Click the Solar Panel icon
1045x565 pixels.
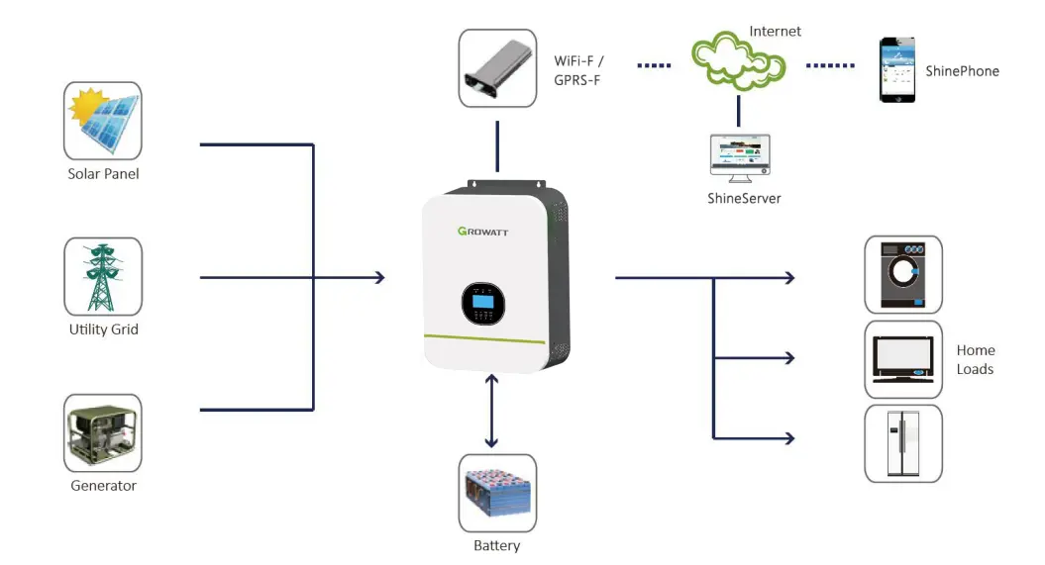coord(103,121)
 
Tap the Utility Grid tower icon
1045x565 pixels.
coord(103,276)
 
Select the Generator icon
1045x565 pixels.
coord(103,432)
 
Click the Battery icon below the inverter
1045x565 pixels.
coord(497,493)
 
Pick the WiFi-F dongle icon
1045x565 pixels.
coord(497,68)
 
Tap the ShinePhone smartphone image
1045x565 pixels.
coord(897,70)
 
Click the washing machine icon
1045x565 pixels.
coord(903,274)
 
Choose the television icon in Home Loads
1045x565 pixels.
coord(903,358)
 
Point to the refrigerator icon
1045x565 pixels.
coord(903,443)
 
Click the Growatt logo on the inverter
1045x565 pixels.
coord(482,233)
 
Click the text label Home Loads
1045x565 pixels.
coord(975,359)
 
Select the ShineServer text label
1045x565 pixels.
coord(744,198)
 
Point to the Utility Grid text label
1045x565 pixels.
coord(103,330)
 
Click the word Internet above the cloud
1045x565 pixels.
coord(776,32)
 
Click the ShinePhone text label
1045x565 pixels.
coord(962,71)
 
